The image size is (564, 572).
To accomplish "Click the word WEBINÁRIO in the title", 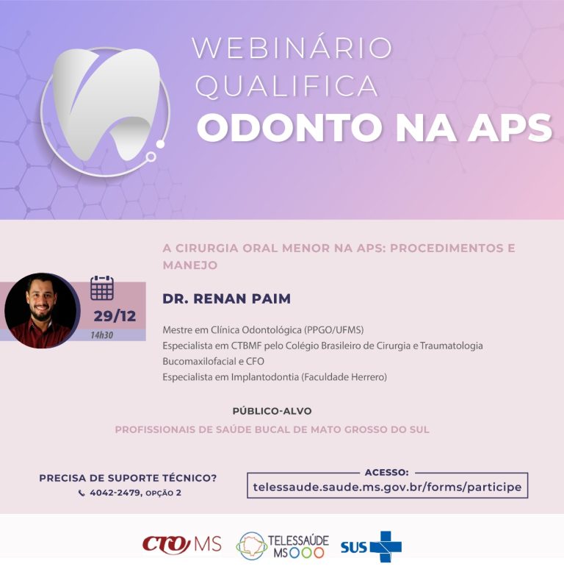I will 292,49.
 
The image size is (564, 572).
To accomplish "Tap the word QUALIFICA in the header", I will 287,87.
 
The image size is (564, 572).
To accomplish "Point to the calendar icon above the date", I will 102,287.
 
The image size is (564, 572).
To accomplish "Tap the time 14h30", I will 102,335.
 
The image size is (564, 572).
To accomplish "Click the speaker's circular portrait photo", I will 41,310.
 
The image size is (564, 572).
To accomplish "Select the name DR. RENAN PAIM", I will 226,298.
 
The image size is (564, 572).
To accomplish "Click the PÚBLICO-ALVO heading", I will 272,411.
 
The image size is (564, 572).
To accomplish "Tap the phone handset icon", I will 82,493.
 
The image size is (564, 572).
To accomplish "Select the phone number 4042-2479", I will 114,493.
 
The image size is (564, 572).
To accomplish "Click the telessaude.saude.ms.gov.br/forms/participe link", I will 387,487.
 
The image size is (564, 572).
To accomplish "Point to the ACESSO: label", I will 386,472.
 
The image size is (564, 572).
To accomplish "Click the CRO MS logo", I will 181,545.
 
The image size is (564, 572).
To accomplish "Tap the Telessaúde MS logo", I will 283,546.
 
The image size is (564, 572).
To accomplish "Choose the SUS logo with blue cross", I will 371,546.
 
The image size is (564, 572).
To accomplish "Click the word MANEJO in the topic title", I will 190,264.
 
